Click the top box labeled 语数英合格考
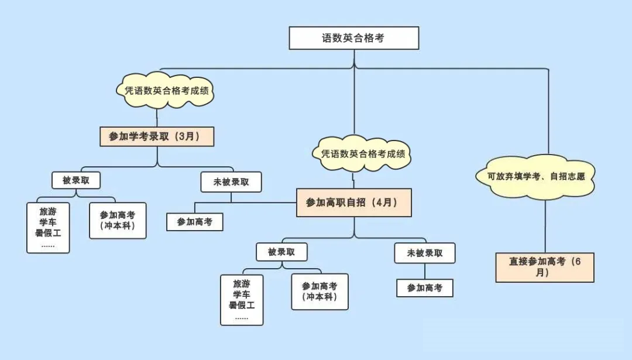pyautogui.click(x=354, y=38)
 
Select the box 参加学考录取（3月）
pyautogui.click(x=157, y=136)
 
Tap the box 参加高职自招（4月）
pyautogui.click(x=353, y=203)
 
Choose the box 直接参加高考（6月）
pyautogui.click(x=544, y=267)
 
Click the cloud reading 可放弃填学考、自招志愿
pyautogui.click(x=536, y=176)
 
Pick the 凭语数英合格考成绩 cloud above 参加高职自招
pyautogui.click(x=363, y=154)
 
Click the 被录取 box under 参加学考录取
pyautogui.click(x=76, y=180)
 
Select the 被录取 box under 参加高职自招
pyautogui.click(x=281, y=252)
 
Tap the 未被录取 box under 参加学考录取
pyautogui.click(x=231, y=181)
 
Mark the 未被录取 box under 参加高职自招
pyautogui.click(x=424, y=253)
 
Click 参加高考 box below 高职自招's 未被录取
pyautogui.click(x=424, y=287)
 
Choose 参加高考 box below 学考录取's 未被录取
pyautogui.click(x=194, y=222)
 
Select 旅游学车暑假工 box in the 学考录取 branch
pyautogui.click(x=48, y=228)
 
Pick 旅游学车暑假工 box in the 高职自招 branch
pyautogui.click(x=241, y=300)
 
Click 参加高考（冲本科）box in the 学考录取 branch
pyautogui.click(x=117, y=221)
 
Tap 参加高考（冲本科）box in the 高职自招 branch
pyautogui.click(x=320, y=292)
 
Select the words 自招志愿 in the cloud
pyautogui.click(x=568, y=176)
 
